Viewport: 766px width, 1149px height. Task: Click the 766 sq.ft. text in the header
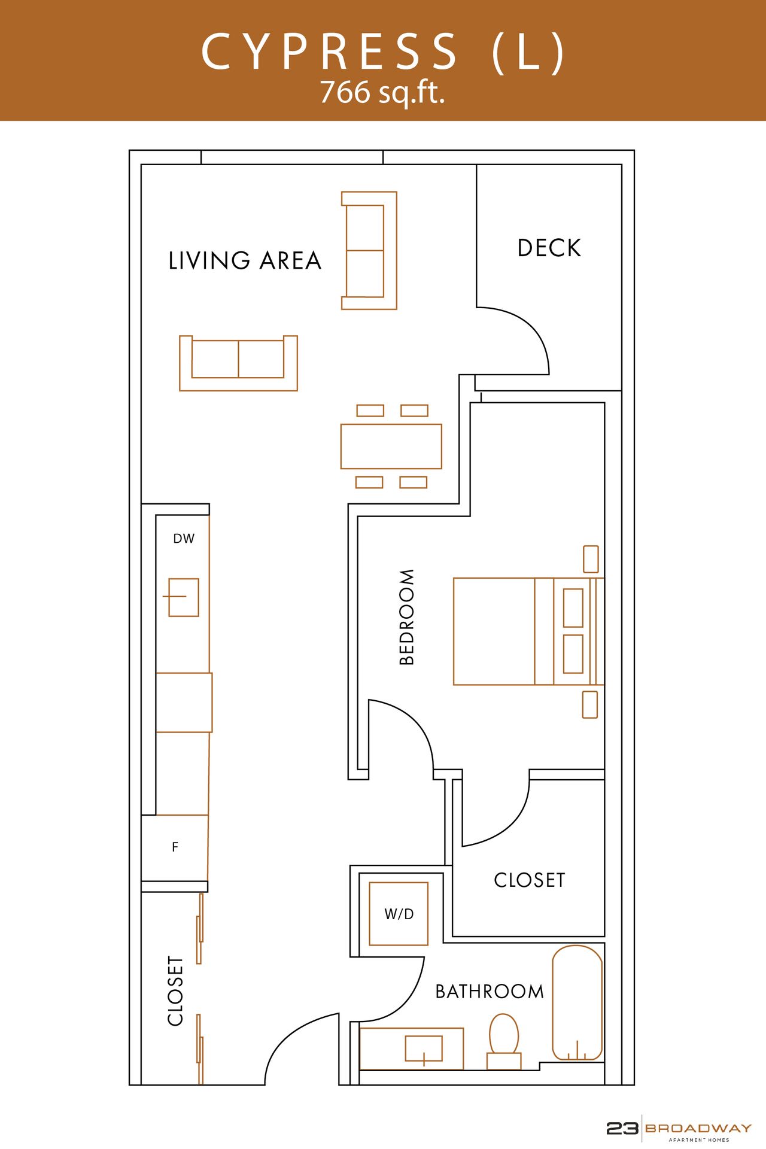[382, 92]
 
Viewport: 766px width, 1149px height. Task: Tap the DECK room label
[549, 248]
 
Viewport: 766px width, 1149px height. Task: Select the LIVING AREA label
[245, 261]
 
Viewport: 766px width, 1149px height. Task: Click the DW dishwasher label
[184, 539]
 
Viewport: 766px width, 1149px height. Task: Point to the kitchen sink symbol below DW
[183, 597]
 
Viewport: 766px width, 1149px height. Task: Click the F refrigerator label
[175, 847]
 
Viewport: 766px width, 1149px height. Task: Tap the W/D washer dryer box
[399, 914]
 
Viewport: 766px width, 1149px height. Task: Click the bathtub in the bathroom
[577, 1002]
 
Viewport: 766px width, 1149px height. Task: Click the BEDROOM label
[407, 617]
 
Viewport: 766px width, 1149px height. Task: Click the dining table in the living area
[391, 446]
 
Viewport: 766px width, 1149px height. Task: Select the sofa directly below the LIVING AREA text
[238, 363]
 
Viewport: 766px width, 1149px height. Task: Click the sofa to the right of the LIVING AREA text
[369, 250]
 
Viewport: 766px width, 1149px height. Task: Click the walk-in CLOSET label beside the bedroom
[529, 880]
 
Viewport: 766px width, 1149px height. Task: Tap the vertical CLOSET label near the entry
[175, 990]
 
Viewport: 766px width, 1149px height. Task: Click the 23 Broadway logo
[679, 1129]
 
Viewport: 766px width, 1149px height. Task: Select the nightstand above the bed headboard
[591, 559]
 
